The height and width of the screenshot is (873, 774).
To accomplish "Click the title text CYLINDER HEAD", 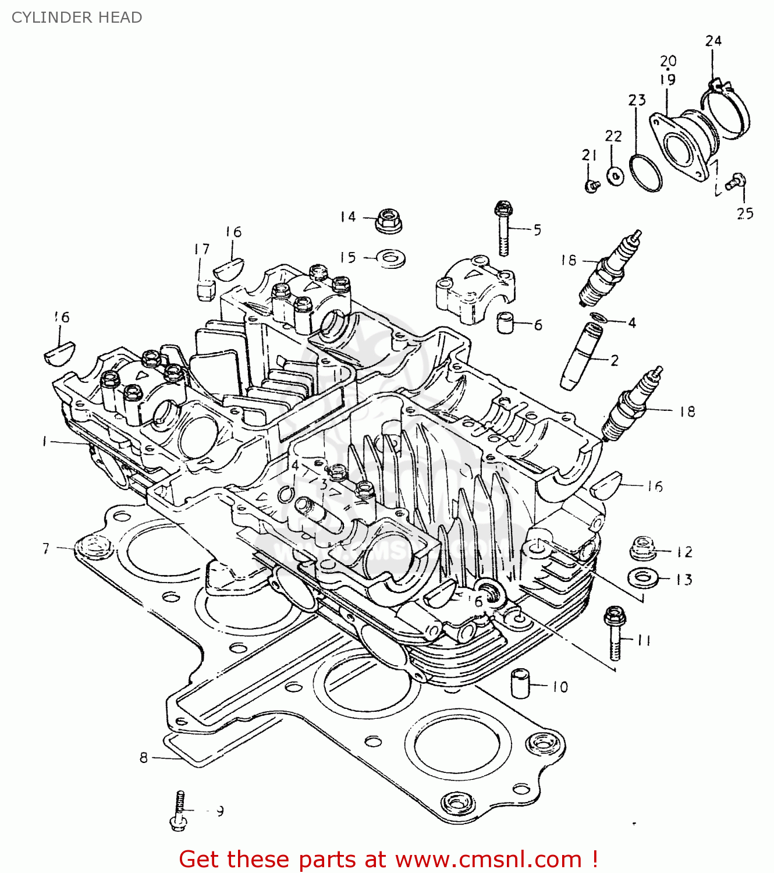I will click(x=77, y=17).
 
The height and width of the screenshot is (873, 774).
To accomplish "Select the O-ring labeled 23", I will click(x=645, y=173).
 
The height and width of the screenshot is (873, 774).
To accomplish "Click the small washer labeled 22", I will click(x=615, y=175).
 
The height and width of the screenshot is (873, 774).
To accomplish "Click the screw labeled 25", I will click(x=737, y=182).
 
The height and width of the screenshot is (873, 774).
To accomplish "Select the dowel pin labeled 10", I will click(x=521, y=683).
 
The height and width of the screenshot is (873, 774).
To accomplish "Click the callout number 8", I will click(x=144, y=758).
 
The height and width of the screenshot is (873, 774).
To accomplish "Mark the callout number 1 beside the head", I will click(x=45, y=442).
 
